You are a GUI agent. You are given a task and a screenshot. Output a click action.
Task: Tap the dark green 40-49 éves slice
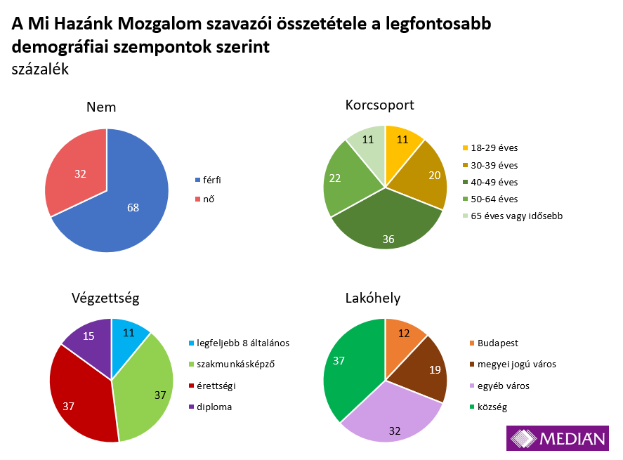[x=387, y=225]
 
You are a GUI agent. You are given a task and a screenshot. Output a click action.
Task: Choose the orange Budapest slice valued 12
[x=403, y=336]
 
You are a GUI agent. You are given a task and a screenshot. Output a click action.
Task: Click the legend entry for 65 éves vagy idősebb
[x=517, y=216]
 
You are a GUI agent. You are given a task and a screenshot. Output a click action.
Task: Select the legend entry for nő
[x=208, y=199]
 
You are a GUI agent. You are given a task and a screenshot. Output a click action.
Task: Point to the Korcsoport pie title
[x=379, y=105]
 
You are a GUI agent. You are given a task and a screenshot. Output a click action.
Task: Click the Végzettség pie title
[x=105, y=298]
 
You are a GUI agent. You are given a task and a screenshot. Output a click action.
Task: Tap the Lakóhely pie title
[x=373, y=298]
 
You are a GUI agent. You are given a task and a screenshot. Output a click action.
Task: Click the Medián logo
[x=557, y=439]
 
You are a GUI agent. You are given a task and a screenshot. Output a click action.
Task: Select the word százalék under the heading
[x=40, y=69]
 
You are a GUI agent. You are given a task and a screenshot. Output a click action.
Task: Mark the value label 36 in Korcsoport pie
[x=388, y=239]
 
